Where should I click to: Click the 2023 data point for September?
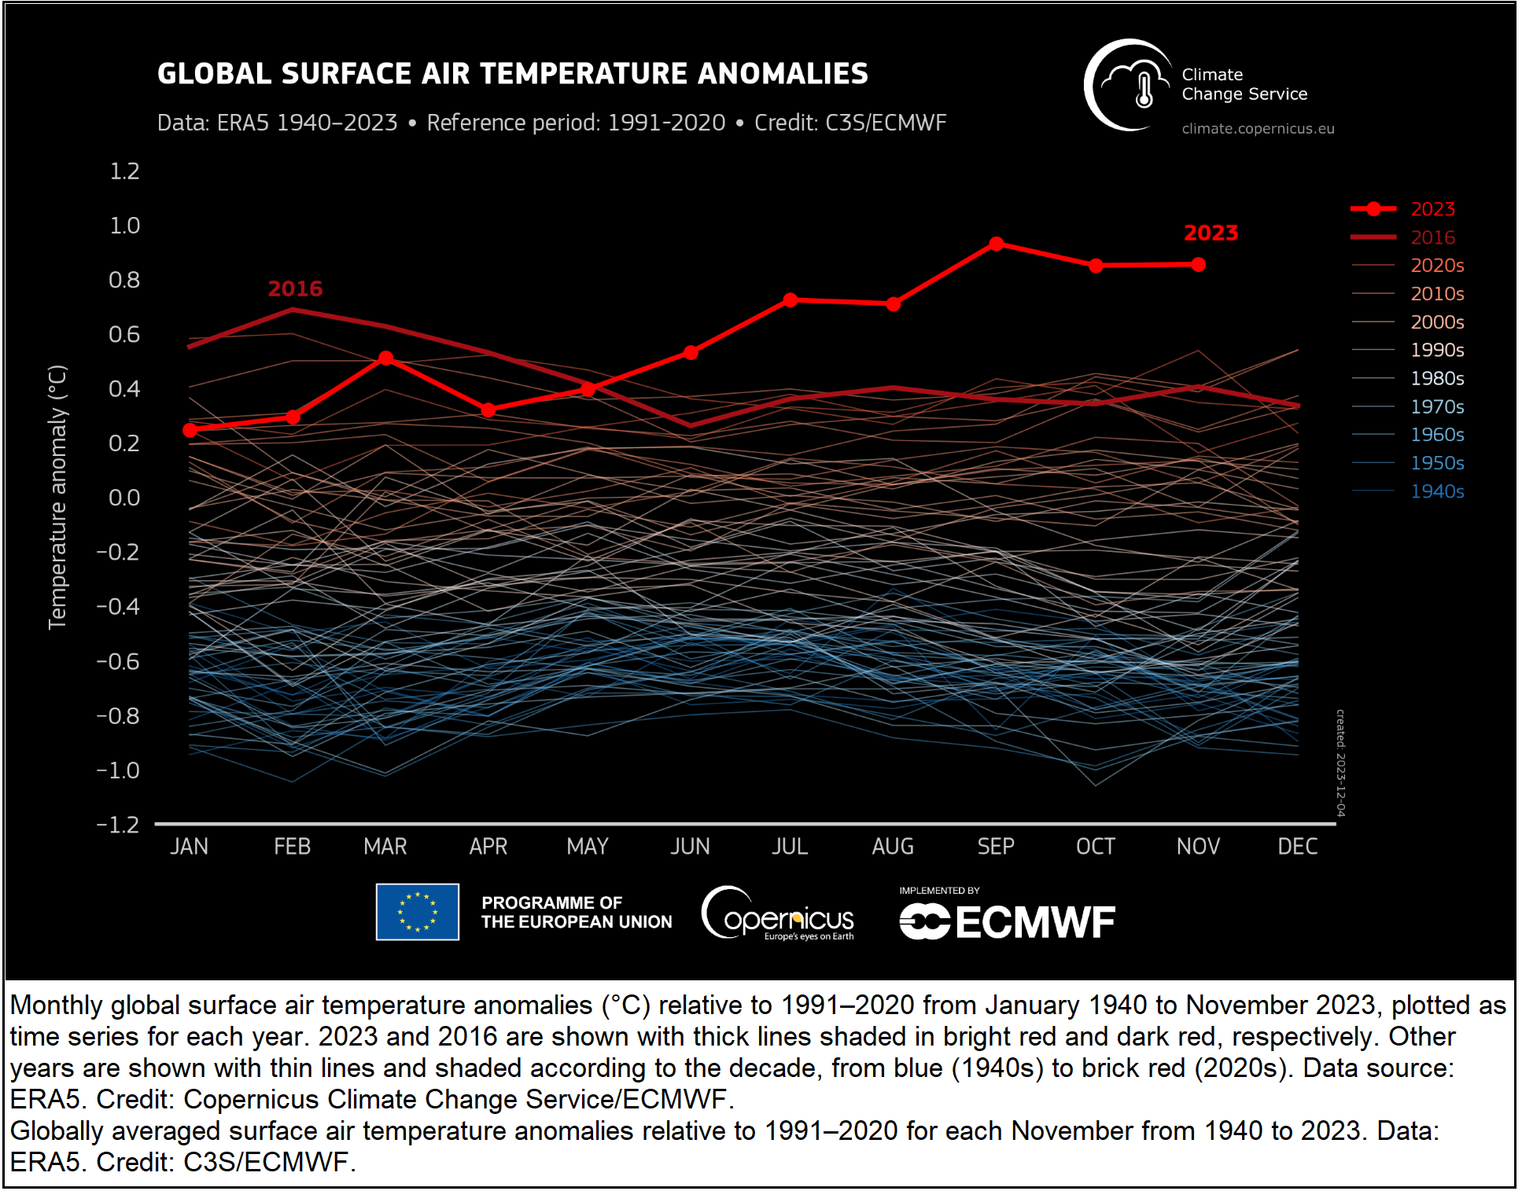pyautogui.click(x=996, y=244)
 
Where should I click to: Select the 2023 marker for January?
pyautogui.click(x=190, y=430)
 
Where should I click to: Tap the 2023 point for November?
pyautogui.click(x=1198, y=265)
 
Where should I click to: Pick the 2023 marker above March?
pyautogui.click(x=385, y=358)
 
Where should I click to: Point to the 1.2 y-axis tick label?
pyautogui.click(x=124, y=171)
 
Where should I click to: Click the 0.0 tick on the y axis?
pyautogui.click(x=124, y=498)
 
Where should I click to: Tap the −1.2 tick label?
pyautogui.click(x=118, y=825)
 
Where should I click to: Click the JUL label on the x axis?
pyautogui.click(x=790, y=847)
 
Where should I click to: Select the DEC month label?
pyautogui.click(x=1297, y=847)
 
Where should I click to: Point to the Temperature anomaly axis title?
pyautogui.click(x=57, y=497)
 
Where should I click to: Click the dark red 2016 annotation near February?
pyautogui.click(x=295, y=289)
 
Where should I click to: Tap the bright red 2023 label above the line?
pyautogui.click(x=1211, y=233)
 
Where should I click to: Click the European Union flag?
pyautogui.click(x=417, y=912)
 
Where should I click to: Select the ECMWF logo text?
pyautogui.click(x=1035, y=922)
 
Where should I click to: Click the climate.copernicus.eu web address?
pyautogui.click(x=1258, y=129)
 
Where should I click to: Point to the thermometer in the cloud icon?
pyautogui.click(x=1144, y=90)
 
